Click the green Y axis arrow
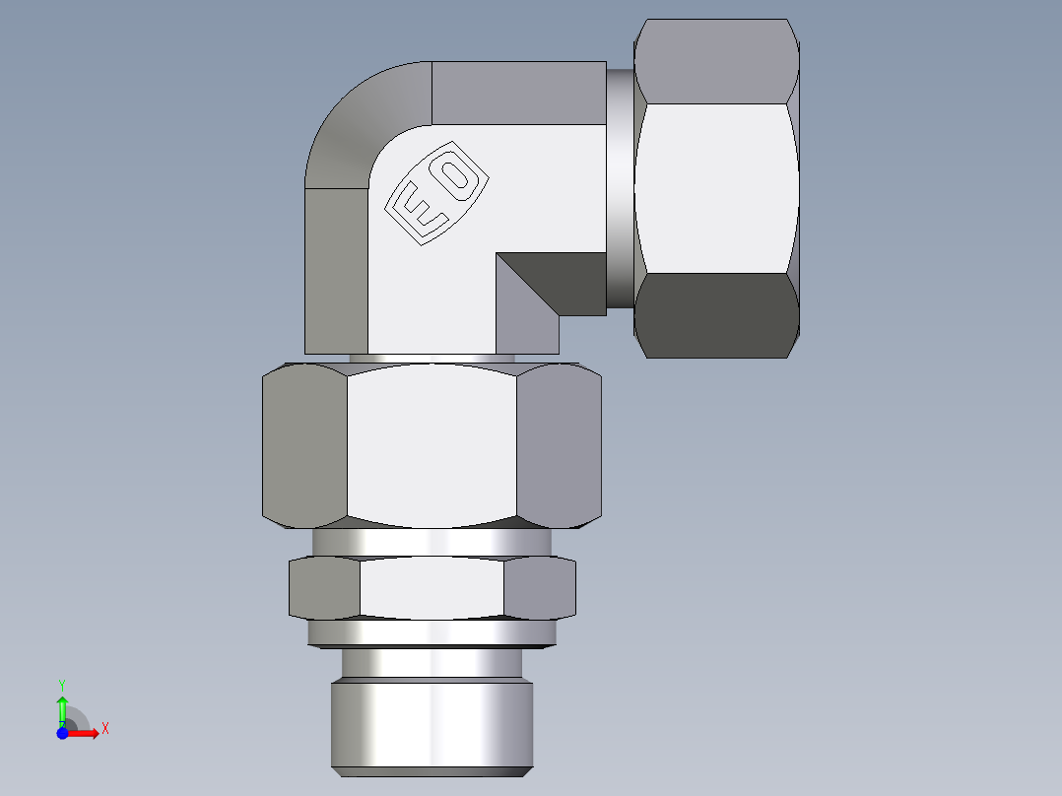coord(62,707)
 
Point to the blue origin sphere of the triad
coord(62,733)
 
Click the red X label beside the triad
coord(104,729)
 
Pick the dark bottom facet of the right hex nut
coord(716,315)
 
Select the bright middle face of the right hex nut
coord(716,187)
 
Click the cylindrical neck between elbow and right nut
coord(620,187)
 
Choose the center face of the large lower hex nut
coord(431,443)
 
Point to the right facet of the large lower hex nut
coord(559,443)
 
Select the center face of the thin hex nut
coord(431,588)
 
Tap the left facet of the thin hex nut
coord(324,588)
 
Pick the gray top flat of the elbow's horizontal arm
coord(518,93)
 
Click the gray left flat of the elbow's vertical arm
coord(336,271)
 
